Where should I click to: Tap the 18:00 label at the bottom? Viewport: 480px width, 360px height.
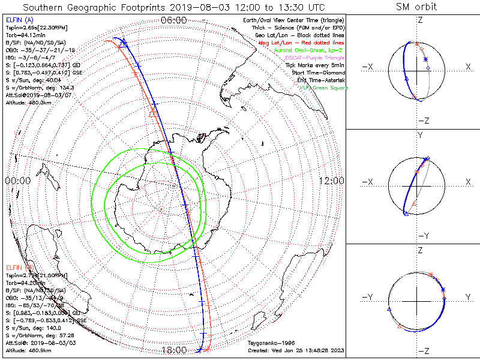click(x=174, y=350)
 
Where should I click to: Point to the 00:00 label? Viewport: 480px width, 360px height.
click(x=17, y=181)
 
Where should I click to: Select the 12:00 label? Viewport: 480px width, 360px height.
click(x=331, y=181)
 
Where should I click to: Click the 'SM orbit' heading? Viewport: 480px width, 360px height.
click(x=416, y=7)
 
